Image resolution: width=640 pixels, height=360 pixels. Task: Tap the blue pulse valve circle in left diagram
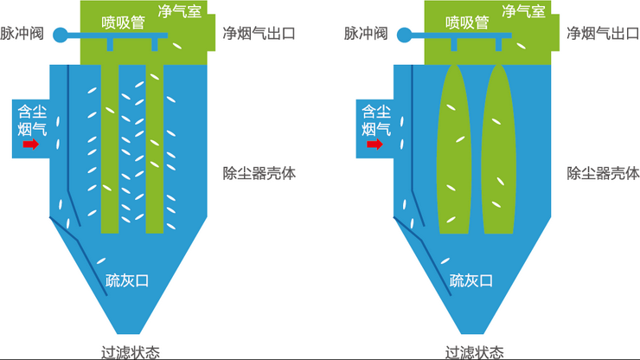pyautogui.click(x=60, y=35)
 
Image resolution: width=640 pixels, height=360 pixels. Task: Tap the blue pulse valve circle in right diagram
pyautogui.click(x=404, y=35)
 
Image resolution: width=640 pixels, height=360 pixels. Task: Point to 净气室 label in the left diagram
pyautogui.click(x=179, y=11)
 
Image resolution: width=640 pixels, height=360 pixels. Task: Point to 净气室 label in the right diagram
pyautogui.click(x=523, y=11)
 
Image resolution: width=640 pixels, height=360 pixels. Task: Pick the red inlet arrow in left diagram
pyautogui.click(x=31, y=145)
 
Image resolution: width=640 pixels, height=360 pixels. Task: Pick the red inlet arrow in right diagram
pyautogui.click(x=375, y=145)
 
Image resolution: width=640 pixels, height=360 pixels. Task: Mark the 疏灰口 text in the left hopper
pyautogui.click(x=127, y=280)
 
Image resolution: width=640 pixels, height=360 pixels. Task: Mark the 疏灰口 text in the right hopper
pyautogui.click(x=471, y=280)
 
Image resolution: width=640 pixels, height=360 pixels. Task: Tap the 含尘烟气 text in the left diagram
pyautogui.click(x=33, y=120)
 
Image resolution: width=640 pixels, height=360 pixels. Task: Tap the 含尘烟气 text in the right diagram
pyautogui.click(x=376, y=120)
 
